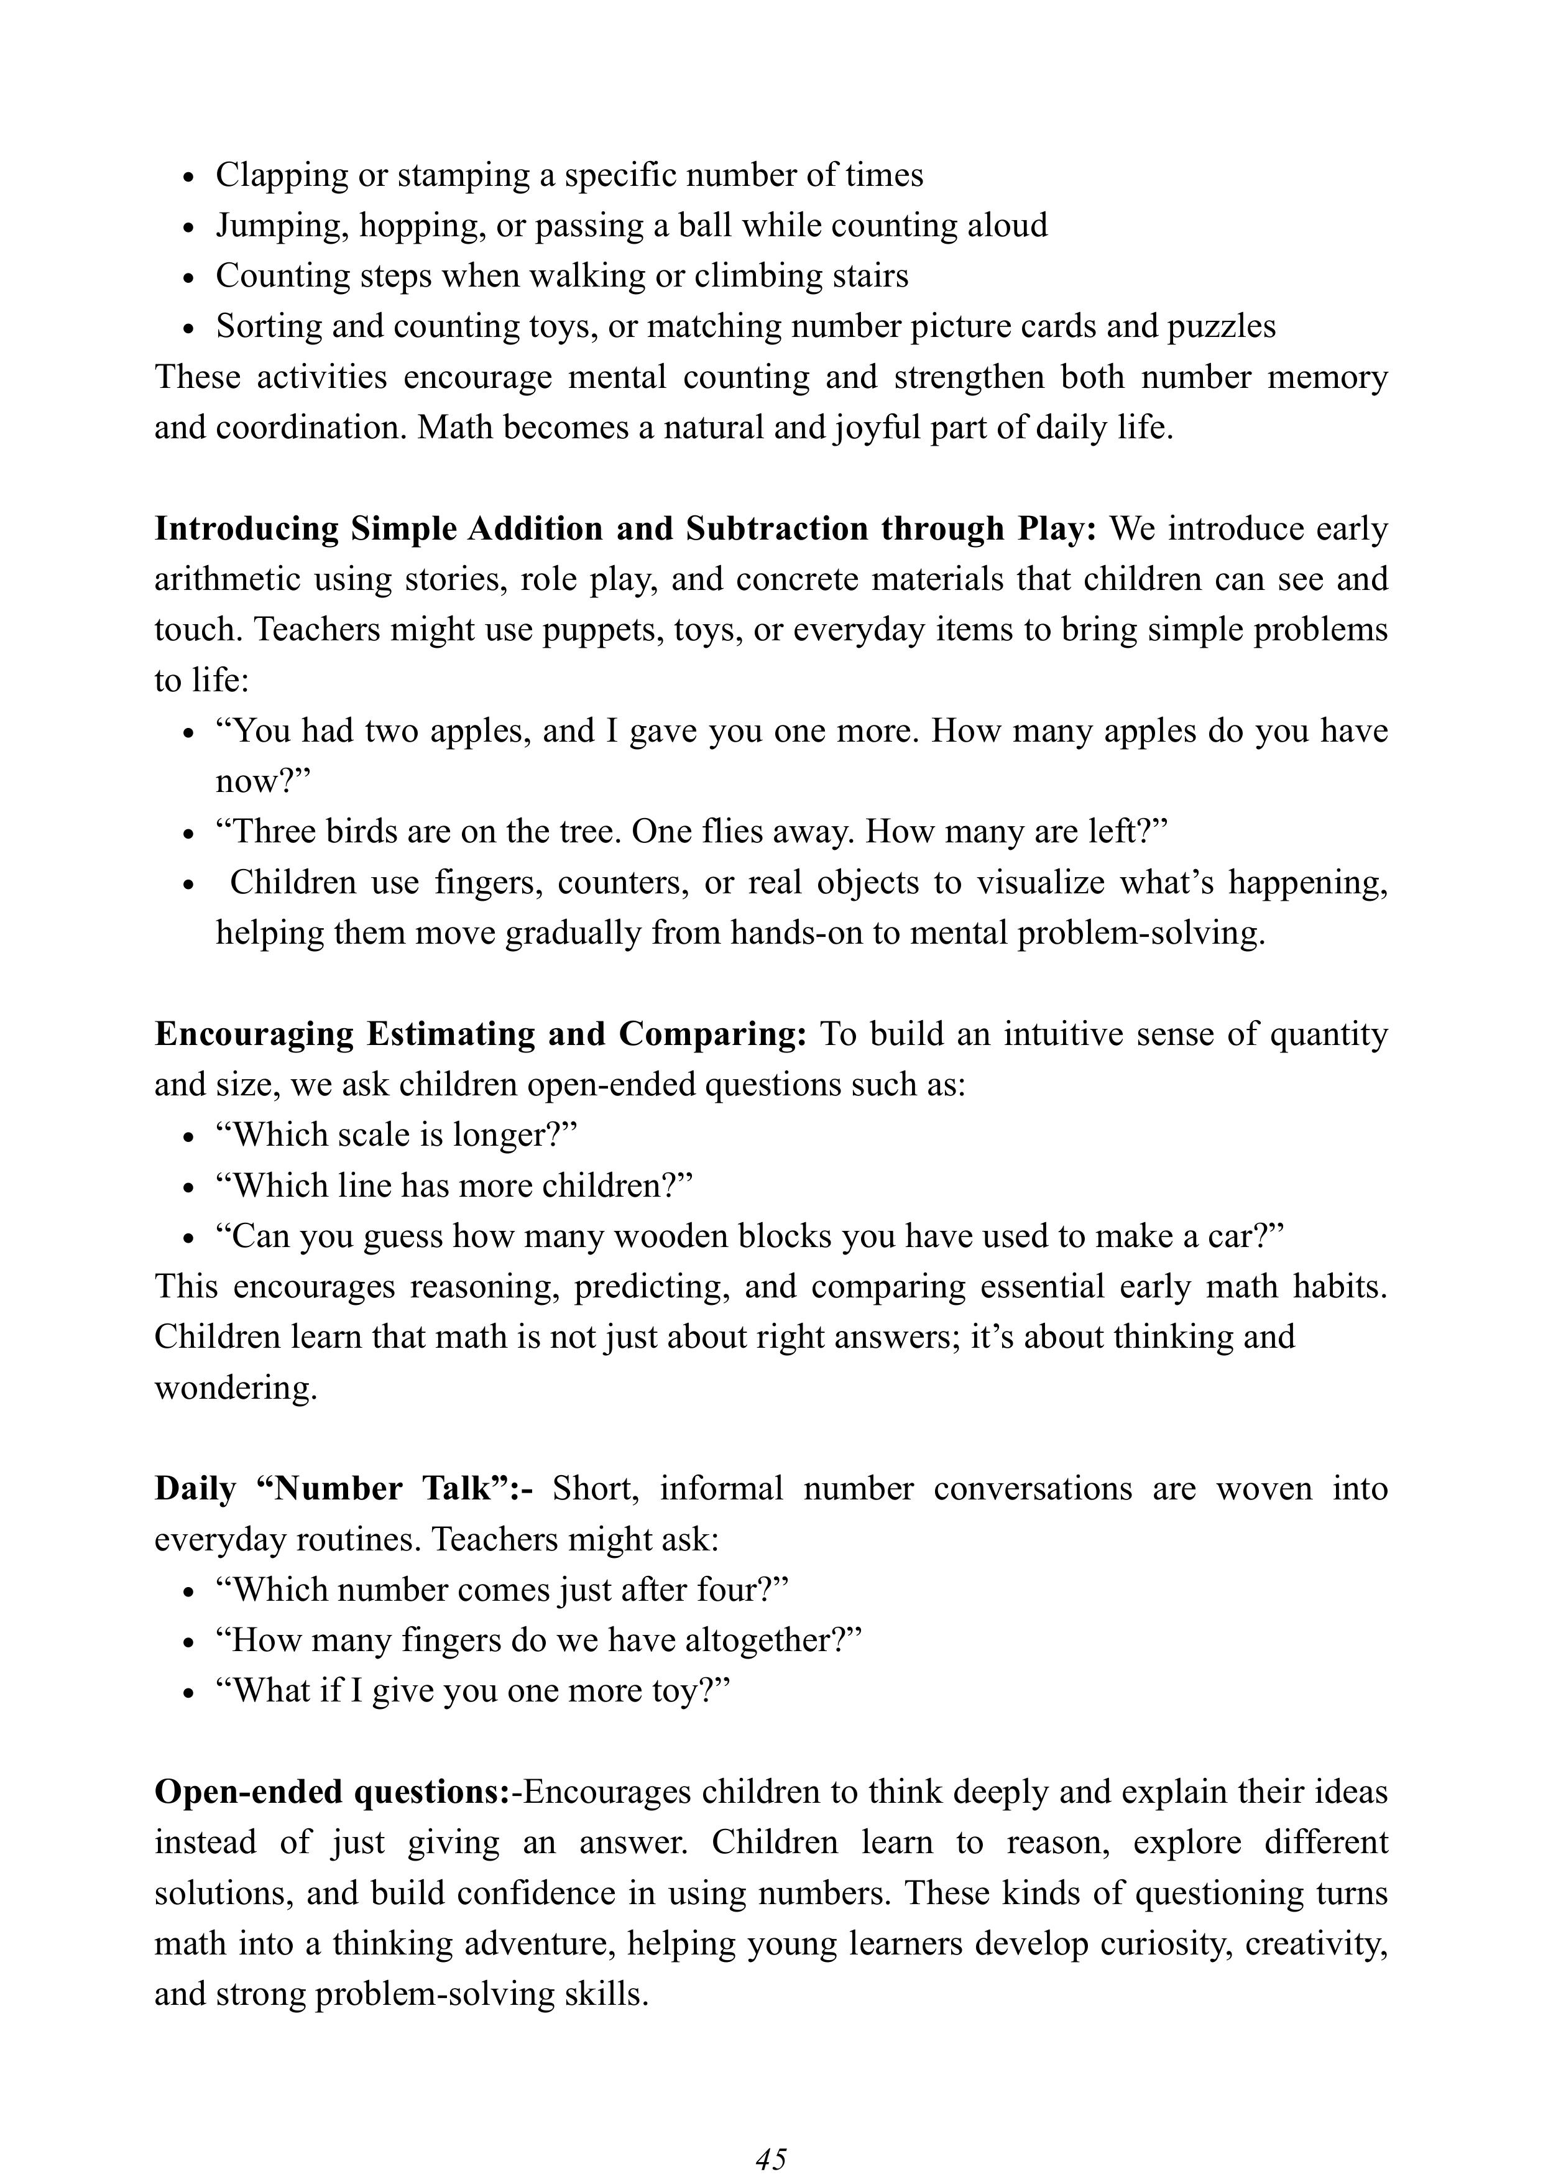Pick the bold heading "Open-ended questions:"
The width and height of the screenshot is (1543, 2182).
click(x=333, y=1792)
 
